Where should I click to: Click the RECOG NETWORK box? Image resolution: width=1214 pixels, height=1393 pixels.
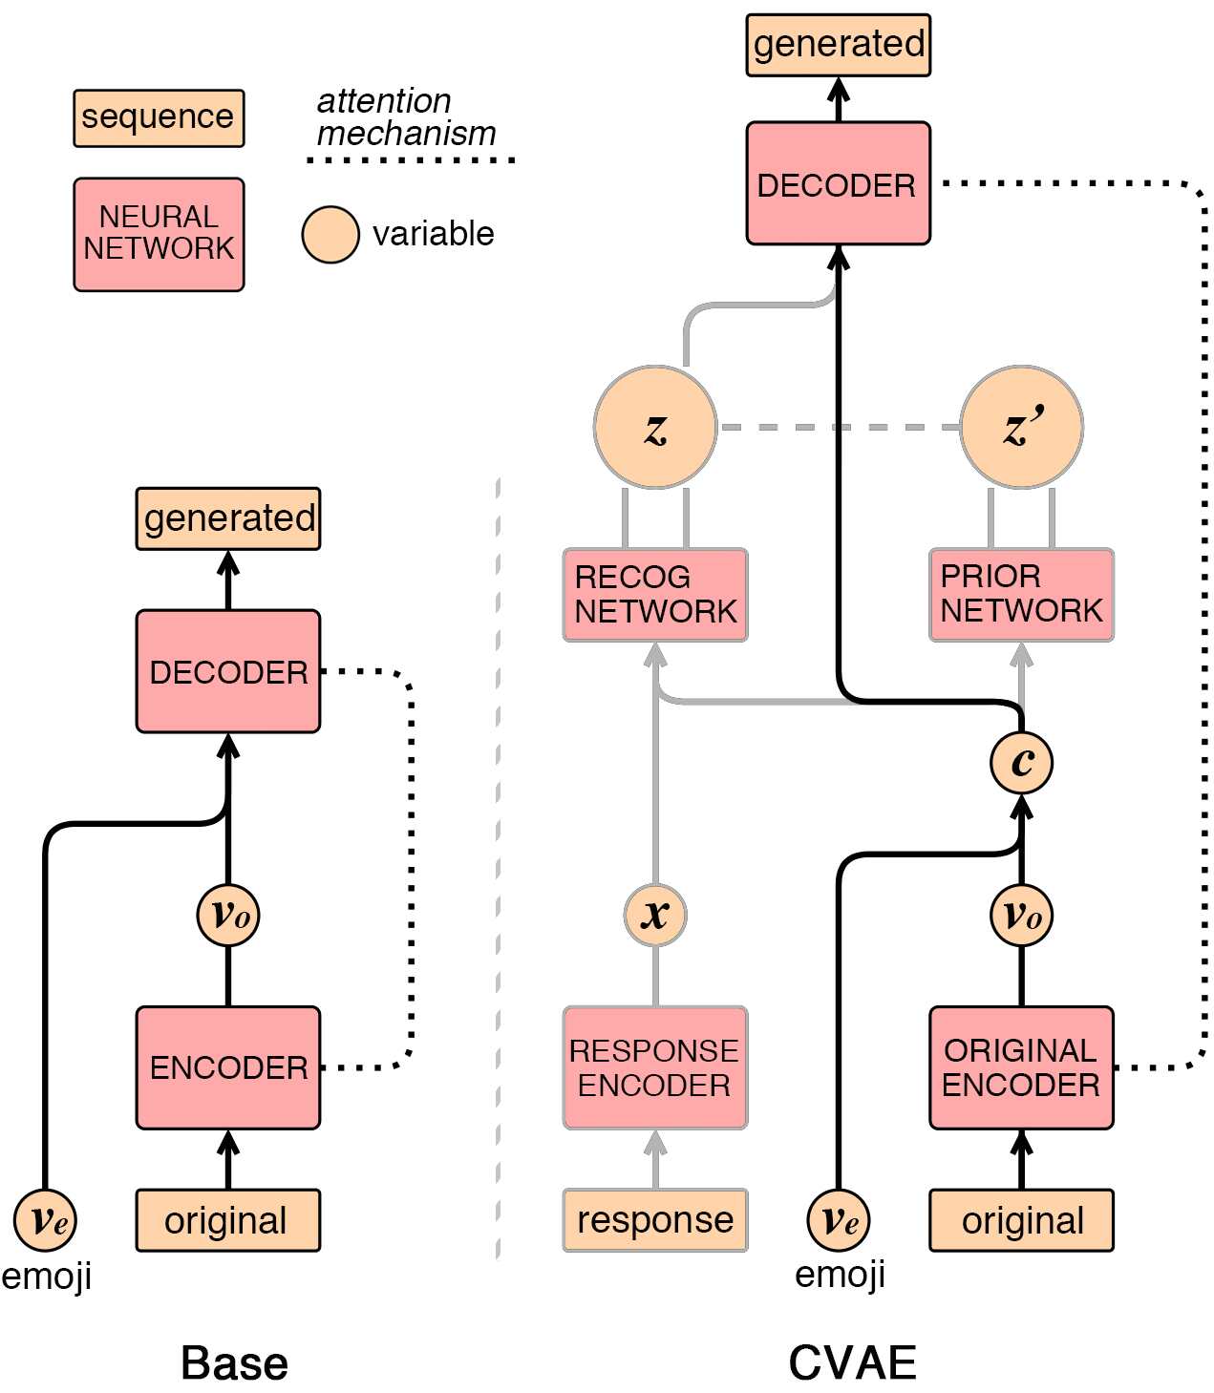pyautogui.click(x=655, y=594)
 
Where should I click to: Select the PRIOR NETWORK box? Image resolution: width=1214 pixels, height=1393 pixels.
pyautogui.click(x=1021, y=594)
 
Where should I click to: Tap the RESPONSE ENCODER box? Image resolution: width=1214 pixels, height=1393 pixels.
pyautogui.click(x=655, y=1067)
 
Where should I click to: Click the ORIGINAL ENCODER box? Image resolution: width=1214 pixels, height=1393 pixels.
pyautogui.click(x=1021, y=1067)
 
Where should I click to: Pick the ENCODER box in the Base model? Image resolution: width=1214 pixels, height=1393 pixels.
pyautogui.click(x=228, y=1067)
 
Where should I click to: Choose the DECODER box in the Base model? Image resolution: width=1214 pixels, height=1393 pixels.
pyautogui.click(x=228, y=671)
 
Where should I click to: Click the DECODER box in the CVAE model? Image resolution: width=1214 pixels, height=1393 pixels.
pyautogui.click(x=838, y=183)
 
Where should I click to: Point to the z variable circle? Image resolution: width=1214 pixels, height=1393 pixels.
pyautogui.click(x=655, y=427)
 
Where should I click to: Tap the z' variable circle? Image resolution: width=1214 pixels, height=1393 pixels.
pyautogui.click(x=1021, y=427)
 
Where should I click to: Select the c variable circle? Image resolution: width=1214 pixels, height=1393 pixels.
pyautogui.click(x=1021, y=762)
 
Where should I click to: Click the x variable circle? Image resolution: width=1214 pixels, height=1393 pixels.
pyautogui.click(x=655, y=915)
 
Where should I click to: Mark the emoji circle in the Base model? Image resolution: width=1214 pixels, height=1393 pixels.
pyautogui.click(x=45, y=1219)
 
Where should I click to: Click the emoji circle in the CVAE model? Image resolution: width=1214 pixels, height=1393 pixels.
pyautogui.click(x=839, y=1219)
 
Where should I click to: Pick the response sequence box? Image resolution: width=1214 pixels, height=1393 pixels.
pyautogui.click(x=655, y=1219)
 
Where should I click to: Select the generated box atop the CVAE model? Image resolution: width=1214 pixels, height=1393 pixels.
pyautogui.click(x=838, y=45)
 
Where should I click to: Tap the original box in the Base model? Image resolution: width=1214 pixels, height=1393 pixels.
pyautogui.click(x=228, y=1219)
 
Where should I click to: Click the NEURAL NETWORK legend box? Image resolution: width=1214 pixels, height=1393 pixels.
pyautogui.click(x=159, y=234)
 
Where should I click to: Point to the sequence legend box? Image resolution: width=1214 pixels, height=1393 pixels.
pyautogui.click(x=159, y=117)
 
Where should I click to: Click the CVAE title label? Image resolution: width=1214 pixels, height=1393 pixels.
pyautogui.click(x=852, y=1362)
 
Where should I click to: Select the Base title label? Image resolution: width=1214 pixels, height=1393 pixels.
pyautogui.click(x=234, y=1362)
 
